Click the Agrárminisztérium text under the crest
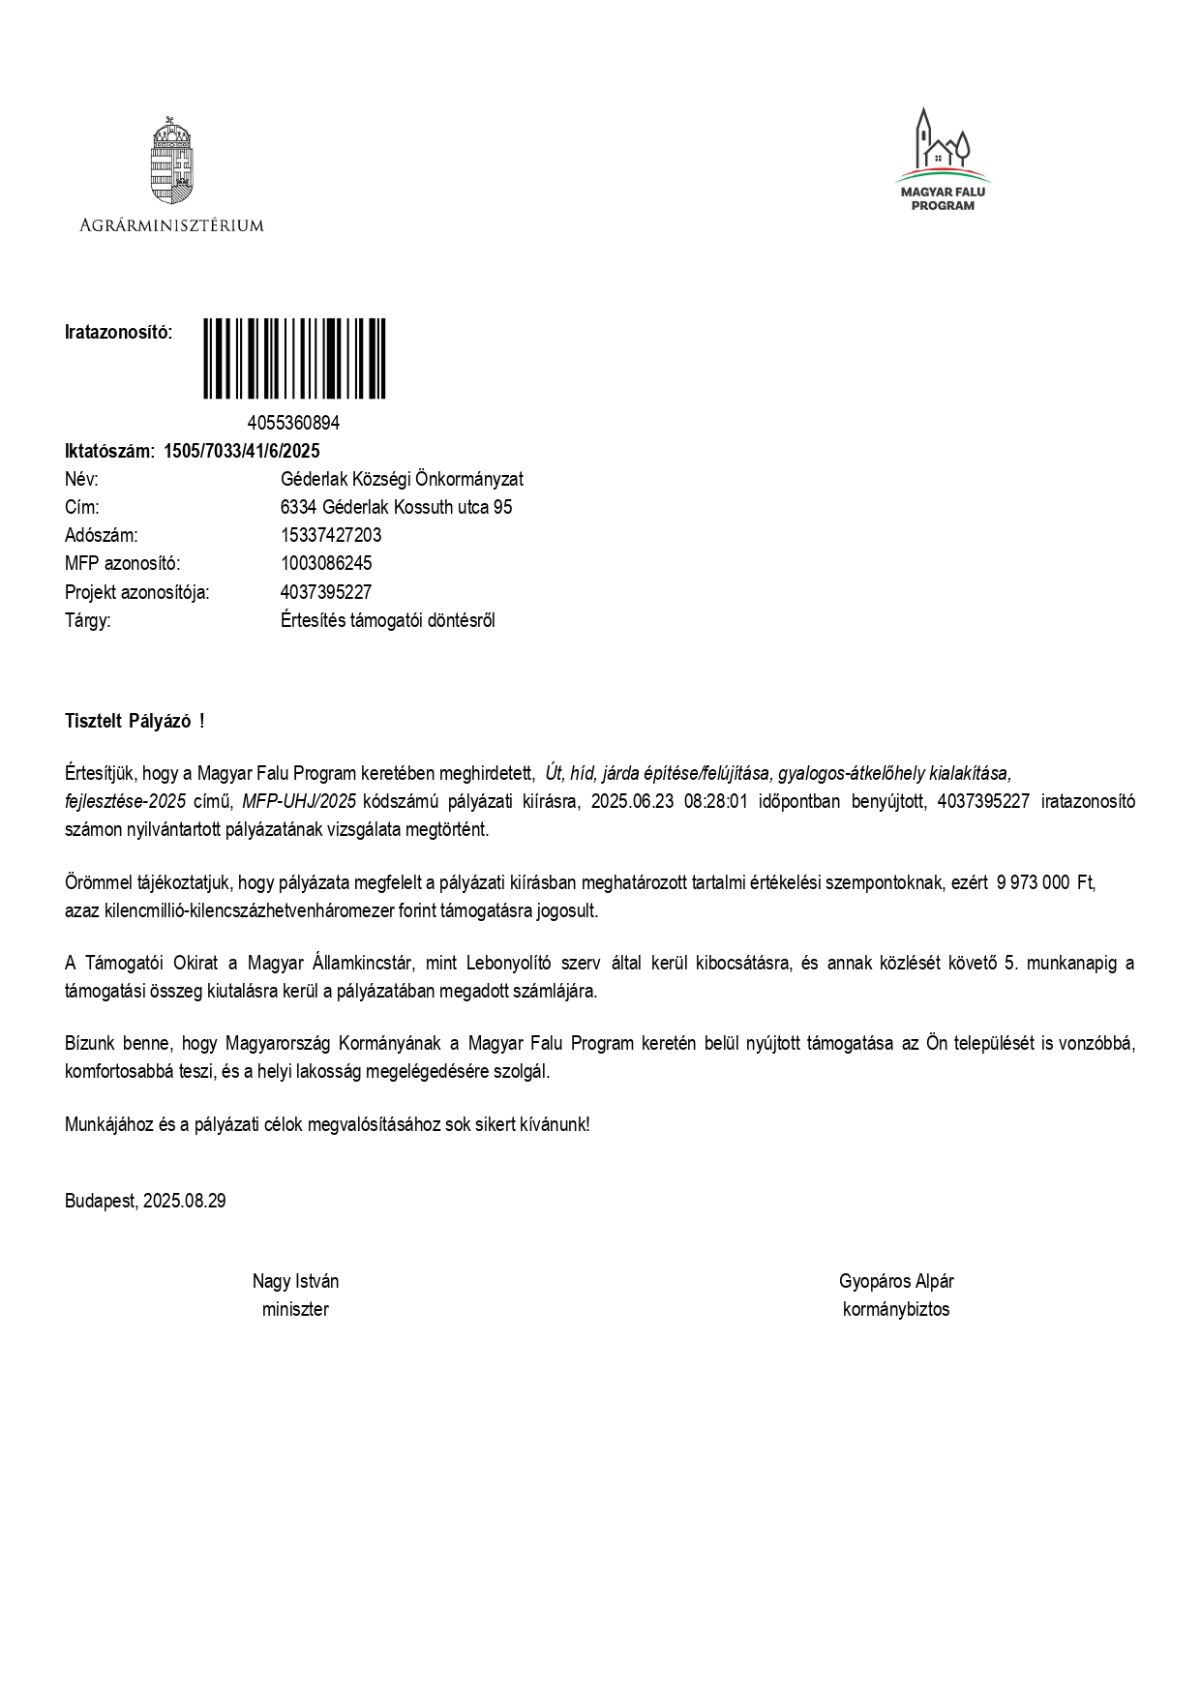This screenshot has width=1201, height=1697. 171,225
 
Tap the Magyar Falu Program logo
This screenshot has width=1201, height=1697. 943,160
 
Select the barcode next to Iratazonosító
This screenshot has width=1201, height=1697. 294,358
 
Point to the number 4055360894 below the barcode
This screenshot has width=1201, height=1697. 293,423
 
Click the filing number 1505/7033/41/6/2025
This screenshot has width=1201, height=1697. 242,451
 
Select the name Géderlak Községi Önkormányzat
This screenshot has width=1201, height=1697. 402,479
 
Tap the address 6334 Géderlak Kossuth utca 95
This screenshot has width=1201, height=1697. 396,507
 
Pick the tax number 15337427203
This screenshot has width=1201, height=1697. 331,535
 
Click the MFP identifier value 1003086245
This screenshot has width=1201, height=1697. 326,563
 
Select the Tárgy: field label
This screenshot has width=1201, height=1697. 88,620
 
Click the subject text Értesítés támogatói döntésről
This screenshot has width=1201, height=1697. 387,620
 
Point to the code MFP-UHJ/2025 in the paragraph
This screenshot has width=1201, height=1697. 299,801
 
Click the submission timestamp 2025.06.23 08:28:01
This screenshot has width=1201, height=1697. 669,801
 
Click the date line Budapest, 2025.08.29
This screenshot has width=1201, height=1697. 145,1201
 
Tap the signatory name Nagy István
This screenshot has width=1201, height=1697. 295,1281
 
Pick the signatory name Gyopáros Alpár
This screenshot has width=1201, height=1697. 896,1281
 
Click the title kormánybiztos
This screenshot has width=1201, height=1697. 896,1309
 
